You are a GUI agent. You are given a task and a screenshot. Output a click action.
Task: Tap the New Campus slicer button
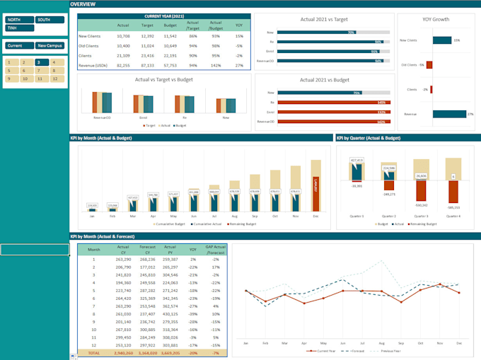(50, 45)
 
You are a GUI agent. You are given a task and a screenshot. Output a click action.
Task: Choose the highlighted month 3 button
(40, 62)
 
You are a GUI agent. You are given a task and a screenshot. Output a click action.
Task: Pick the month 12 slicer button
(55, 79)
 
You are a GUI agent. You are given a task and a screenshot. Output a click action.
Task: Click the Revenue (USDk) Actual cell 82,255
(123, 64)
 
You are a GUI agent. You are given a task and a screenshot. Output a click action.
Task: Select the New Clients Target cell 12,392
(147, 35)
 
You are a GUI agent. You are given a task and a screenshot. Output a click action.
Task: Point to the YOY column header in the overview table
(239, 25)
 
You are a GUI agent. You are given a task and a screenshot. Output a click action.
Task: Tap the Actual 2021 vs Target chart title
(324, 20)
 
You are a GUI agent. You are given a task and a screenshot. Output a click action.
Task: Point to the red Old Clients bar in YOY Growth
(429, 65)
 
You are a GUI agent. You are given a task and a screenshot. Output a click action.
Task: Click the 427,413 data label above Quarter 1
(357, 161)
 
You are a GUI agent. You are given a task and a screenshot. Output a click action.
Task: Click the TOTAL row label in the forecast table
(93, 352)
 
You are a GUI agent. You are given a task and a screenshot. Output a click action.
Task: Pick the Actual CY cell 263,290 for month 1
(123, 260)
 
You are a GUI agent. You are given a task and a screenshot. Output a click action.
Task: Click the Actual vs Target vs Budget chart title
(164, 79)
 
